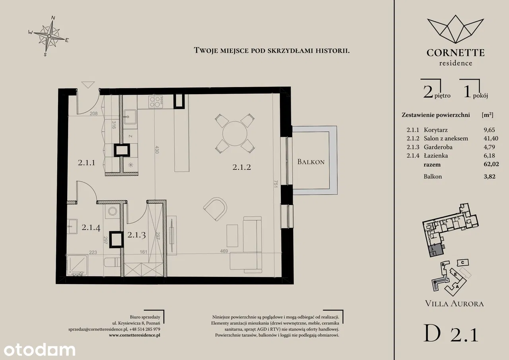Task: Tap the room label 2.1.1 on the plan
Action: tap(86, 163)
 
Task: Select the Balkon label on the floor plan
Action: tap(311, 162)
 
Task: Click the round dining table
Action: tap(235, 133)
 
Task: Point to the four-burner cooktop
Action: tap(156, 101)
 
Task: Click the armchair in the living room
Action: tap(216, 209)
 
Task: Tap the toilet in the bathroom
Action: tap(111, 262)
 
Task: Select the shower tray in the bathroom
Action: tap(77, 265)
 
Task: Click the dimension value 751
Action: tap(276, 184)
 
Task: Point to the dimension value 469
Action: tap(224, 251)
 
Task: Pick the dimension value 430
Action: tap(157, 150)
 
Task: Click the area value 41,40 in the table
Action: tap(491, 138)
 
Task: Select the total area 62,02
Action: tap(491, 164)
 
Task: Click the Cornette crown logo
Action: tap(455, 29)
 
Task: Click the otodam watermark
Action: tap(39, 350)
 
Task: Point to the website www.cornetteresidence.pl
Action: tap(134, 335)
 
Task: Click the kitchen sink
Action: tap(130, 117)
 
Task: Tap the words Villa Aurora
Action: tap(454, 304)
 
